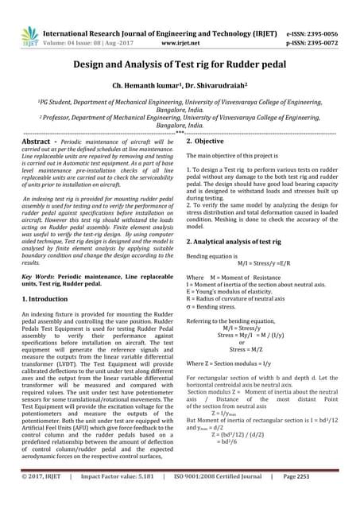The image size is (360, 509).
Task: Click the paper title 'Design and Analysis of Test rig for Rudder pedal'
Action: [x=180, y=68]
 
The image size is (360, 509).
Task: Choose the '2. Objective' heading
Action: [x=210, y=140]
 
